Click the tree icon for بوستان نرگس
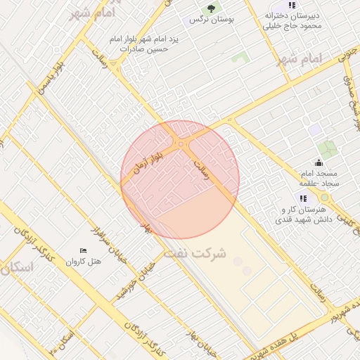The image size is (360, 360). [211, 8]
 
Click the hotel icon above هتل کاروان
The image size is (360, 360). [84, 250]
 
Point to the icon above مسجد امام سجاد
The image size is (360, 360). [319, 163]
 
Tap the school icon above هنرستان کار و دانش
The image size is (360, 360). [303, 199]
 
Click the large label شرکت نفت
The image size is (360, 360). [195, 252]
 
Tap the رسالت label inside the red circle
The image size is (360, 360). [201, 170]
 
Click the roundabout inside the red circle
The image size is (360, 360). [181, 144]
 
